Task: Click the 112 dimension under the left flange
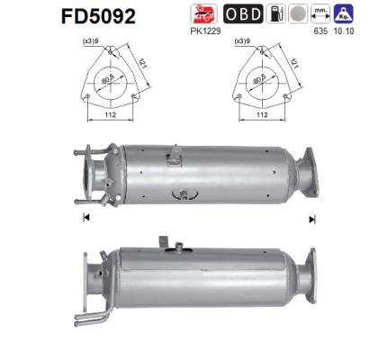coord(107,114)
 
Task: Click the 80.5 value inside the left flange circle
coord(110,82)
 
